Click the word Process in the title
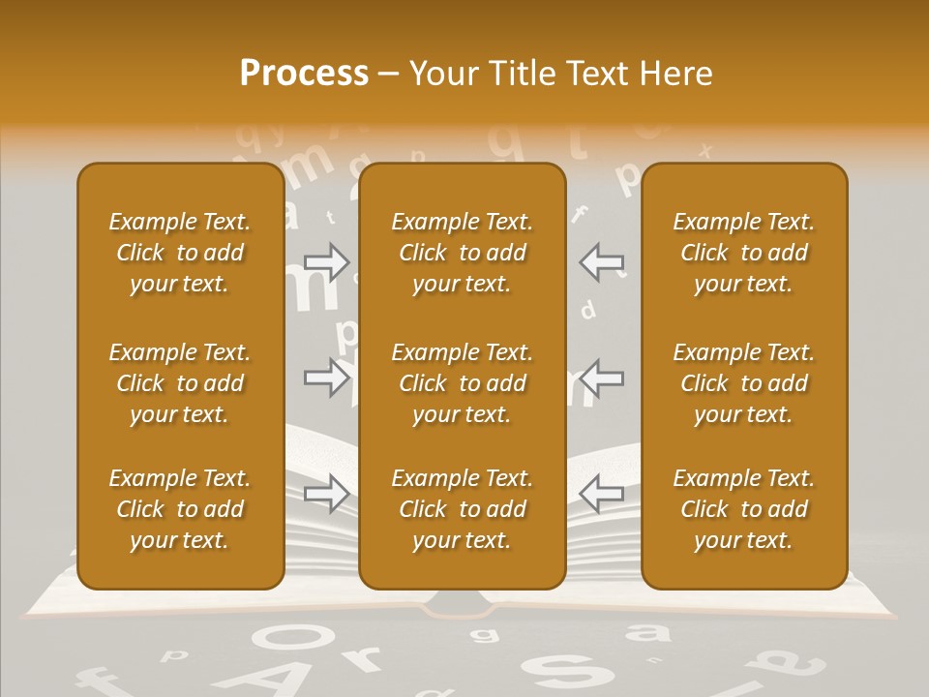tap(304, 74)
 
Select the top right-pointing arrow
tap(327, 261)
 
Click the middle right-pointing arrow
tap(327, 377)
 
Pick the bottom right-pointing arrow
tap(327, 493)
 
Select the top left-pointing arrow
tap(602, 261)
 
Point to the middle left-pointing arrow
tap(602, 377)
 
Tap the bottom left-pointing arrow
tap(602, 493)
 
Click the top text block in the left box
tap(180, 253)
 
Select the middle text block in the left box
tap(180, 383)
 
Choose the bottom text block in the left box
tap(180, 509)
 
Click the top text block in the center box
tap(462, 253)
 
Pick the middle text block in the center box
tap(462, 383)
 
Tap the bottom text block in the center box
tap(462, 509)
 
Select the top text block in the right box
tap(744, 253)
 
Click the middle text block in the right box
tap(744, 383)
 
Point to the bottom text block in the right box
tap(744, 509)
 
